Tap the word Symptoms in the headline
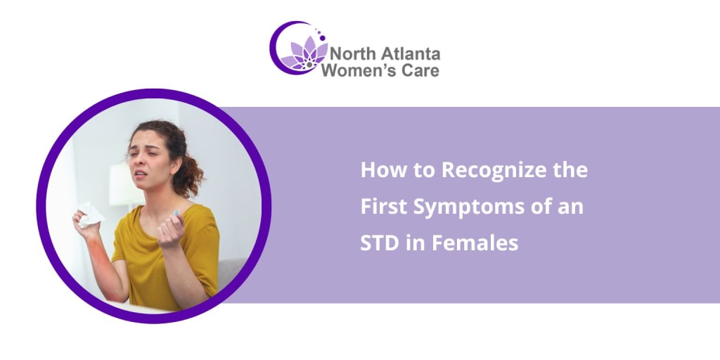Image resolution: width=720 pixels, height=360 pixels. tap(470, 207)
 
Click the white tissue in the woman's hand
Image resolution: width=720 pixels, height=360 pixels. tap(89, 214)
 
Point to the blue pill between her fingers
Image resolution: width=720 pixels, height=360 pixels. tap(175, 213)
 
